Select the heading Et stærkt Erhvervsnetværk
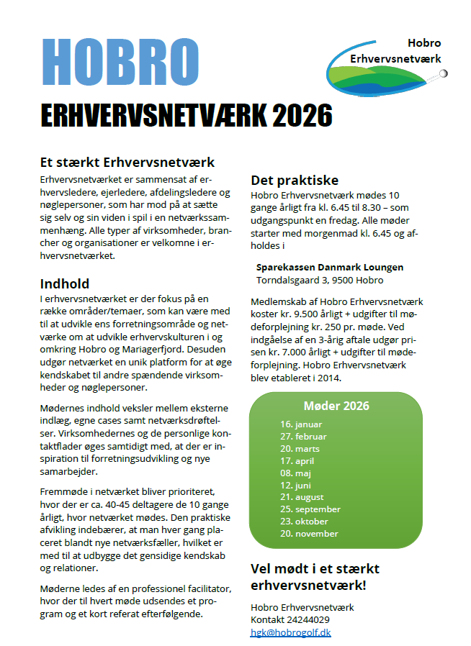click(127, 163)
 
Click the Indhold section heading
click(65, 283)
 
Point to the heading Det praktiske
click(295, 180)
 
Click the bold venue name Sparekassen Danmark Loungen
click(330, 267)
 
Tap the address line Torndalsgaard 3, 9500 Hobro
click(320, 280)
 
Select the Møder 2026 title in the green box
click(336, 406)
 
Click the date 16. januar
click(301, 424)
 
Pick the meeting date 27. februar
click(303, 437)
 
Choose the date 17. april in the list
click(297, 461)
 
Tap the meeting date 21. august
click(302, 497)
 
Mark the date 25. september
click(310, 509)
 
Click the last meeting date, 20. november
click(309, 534)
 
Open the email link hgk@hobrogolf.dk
click(290, 632)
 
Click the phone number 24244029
click(310, 619)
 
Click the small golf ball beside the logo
click(444, 73)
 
